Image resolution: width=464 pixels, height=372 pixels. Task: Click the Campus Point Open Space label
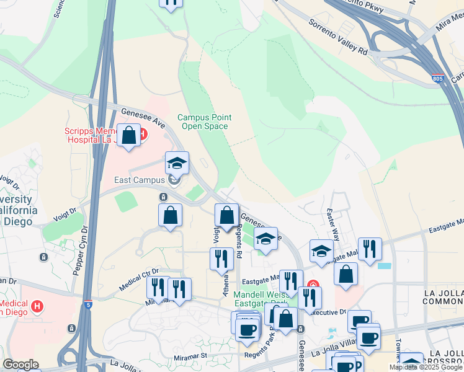(205, 122)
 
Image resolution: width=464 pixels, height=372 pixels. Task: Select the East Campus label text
(140, 180)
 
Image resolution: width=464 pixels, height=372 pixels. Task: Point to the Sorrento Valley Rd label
(339, 35)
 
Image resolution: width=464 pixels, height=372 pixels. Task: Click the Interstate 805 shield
(438, 79)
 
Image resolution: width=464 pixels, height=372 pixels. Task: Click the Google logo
(20, 365)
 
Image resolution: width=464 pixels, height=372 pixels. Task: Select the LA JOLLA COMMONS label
(442, 297)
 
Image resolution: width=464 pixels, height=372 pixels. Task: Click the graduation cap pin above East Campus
(177, 164)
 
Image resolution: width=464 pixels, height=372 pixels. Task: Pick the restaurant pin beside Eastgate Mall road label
(370, 249)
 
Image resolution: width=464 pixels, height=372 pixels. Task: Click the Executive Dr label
(329, 314)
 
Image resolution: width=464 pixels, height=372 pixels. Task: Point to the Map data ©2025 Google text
(425, 367)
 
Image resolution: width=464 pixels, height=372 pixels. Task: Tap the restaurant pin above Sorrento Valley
(171, 3)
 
